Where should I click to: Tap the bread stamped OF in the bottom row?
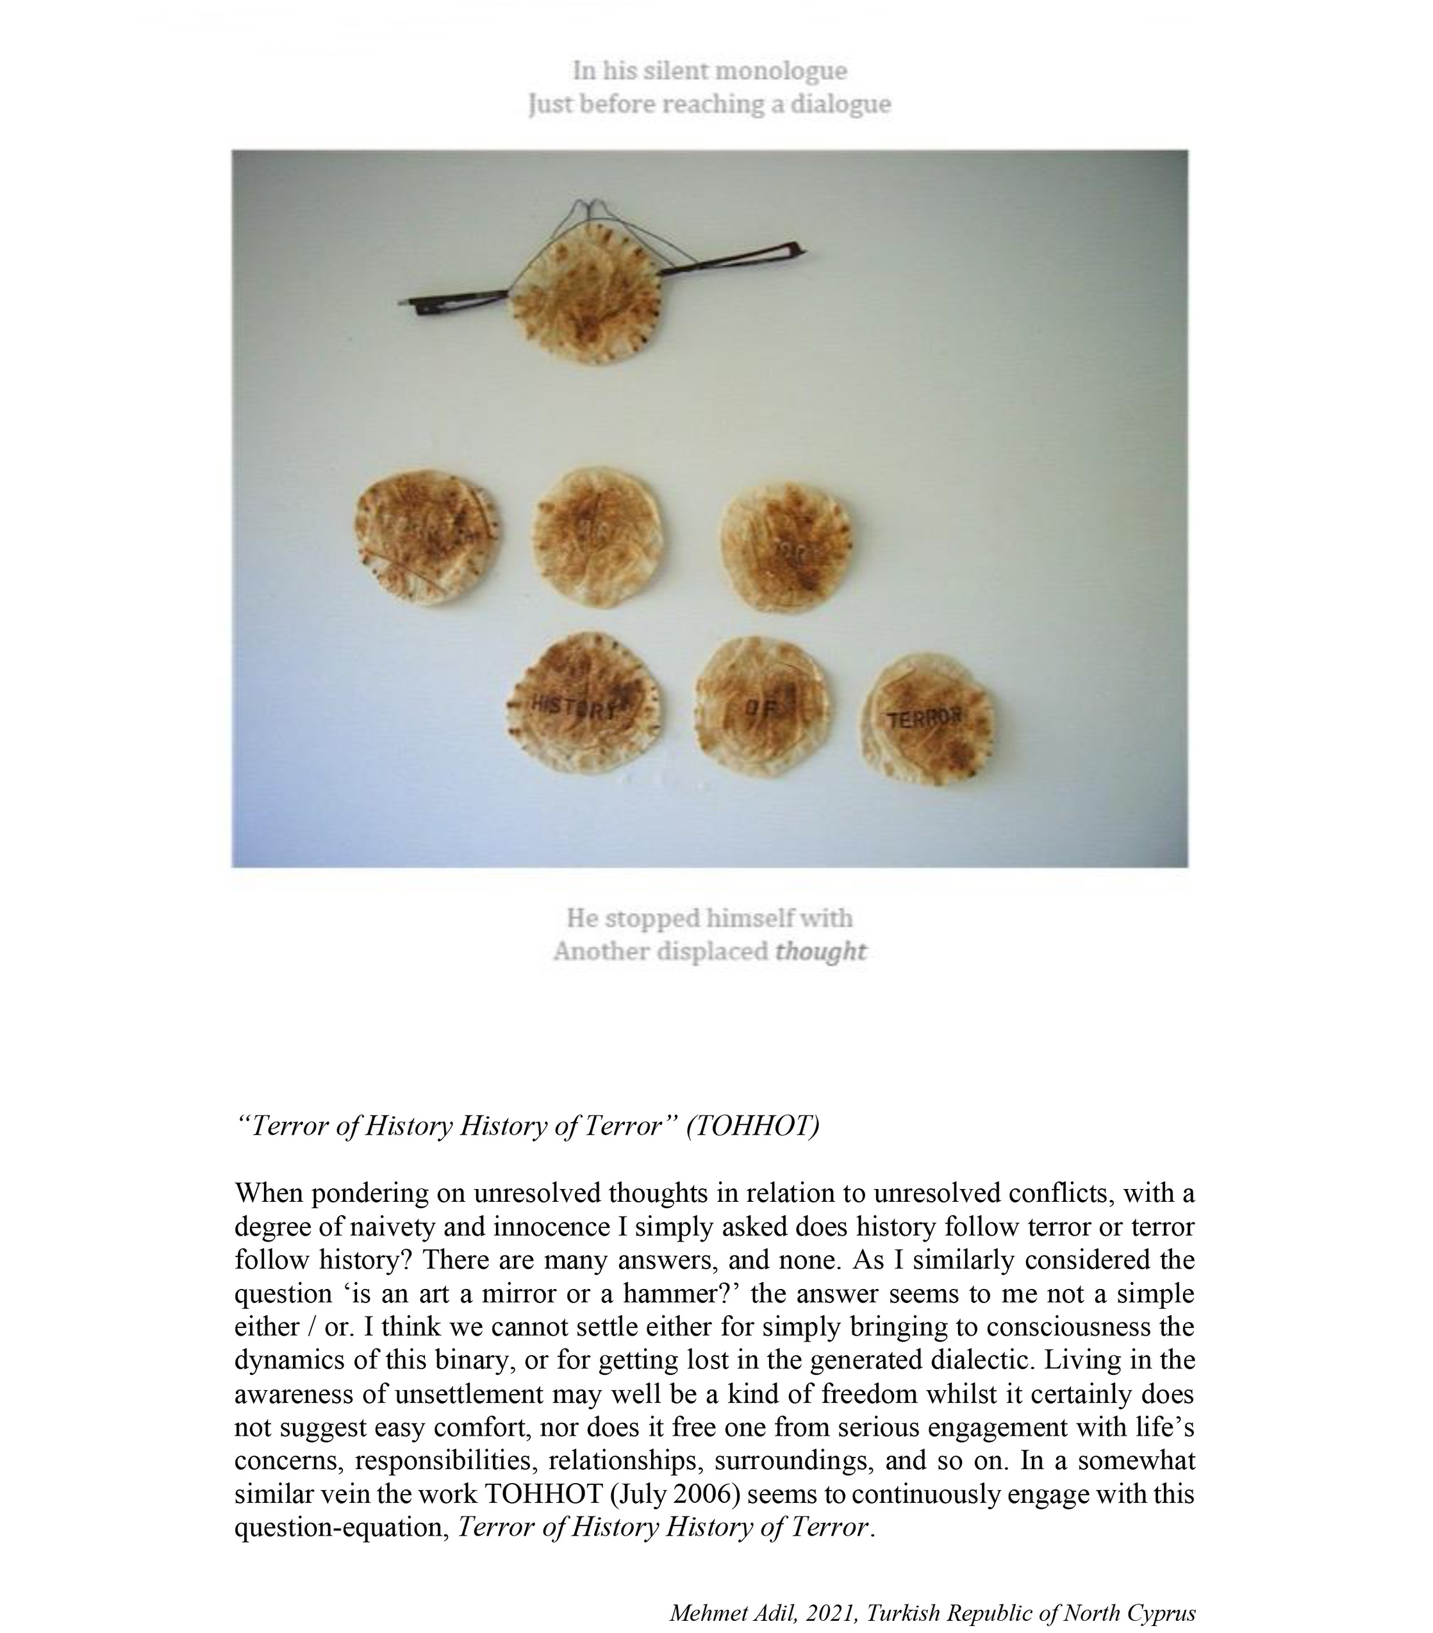pos(760,705)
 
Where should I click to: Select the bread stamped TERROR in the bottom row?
pos(925,718)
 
